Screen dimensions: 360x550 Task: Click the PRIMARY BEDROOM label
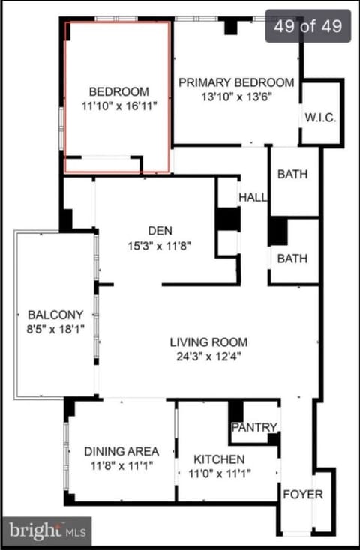[x=236, y=82]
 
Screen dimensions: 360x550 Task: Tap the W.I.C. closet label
[x=320, y=118]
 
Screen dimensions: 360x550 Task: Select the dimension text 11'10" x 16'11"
[x=118, y=106]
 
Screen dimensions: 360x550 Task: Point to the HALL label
[x=253, y=197]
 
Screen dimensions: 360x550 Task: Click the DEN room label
[x=160, y=231]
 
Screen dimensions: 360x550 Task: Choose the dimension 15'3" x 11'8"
[x=160, y=246]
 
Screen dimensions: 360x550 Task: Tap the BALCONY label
[x=55, y=315]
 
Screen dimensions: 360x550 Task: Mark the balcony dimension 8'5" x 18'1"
[x=55, y=330]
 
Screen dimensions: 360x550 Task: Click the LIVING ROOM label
[x=209, y=342]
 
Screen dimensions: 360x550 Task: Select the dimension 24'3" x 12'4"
[x=210, y=357]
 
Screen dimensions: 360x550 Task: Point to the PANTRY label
[x=254, y=427]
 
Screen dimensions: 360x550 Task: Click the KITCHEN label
[x=219, y=459]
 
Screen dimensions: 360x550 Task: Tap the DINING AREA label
[x=121, y=451]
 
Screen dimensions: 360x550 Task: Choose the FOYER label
[x=303, y=495]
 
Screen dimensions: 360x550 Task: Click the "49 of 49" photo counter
[x=308, y=26]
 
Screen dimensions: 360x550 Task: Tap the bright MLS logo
[x=47, y=531]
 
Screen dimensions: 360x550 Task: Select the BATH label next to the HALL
[x=292, y=174]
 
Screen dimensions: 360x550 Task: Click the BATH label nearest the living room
[x=292, y=259]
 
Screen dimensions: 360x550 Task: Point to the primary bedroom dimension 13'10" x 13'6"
[x=237, y=97]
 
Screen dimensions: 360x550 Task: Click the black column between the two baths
[x=277, y=231]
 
